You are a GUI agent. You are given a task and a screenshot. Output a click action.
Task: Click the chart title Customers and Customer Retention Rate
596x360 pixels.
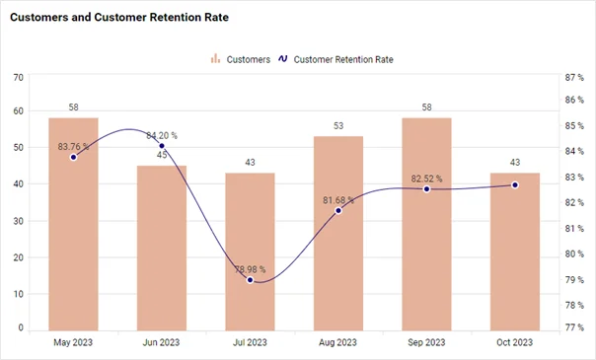[x=118, y=18]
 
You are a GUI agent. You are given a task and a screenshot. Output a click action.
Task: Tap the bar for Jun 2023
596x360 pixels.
[x=162, y=256]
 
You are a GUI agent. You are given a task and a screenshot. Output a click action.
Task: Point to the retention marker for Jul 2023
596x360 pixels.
[x=251, y=280]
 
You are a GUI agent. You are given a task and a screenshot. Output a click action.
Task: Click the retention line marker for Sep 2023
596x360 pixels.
[x=427, y=188]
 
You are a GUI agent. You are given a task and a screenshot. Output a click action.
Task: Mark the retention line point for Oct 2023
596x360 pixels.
[x=515, y=185]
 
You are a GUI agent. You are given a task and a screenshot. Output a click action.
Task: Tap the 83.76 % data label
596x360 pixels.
[x=73, y=147]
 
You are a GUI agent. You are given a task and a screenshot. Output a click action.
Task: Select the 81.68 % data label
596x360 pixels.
[x=338, y=200]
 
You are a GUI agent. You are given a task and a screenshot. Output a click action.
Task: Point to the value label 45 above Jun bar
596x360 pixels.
[x=162, y=155]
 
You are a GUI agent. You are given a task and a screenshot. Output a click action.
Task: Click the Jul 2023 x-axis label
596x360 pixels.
[x=250, y=342]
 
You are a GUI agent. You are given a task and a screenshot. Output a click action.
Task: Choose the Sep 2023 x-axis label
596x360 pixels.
[x=426, y=342]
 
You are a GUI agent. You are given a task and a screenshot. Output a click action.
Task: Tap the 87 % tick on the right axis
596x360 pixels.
[x=574, y=76]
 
